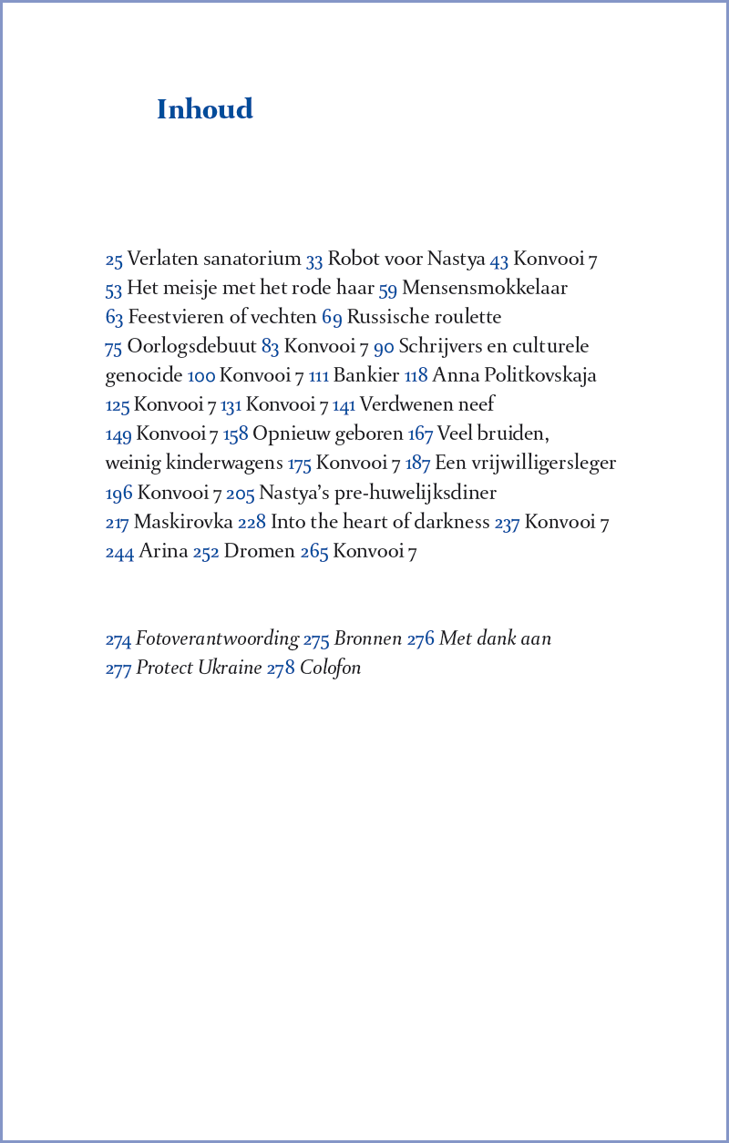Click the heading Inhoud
[x=204, y=109]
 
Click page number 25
[x=114, y=260]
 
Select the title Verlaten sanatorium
[x=214, y=260]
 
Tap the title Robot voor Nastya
[x=406, y=260]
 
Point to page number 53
[x=114, y=290]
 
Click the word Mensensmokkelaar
[x=485, y=289]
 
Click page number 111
[x=319, y=376]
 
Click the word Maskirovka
[x=183, y=522]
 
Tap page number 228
[x=252, y=523]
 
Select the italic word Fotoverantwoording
[x=218, y=638]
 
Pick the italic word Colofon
[x=331, y=668]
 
